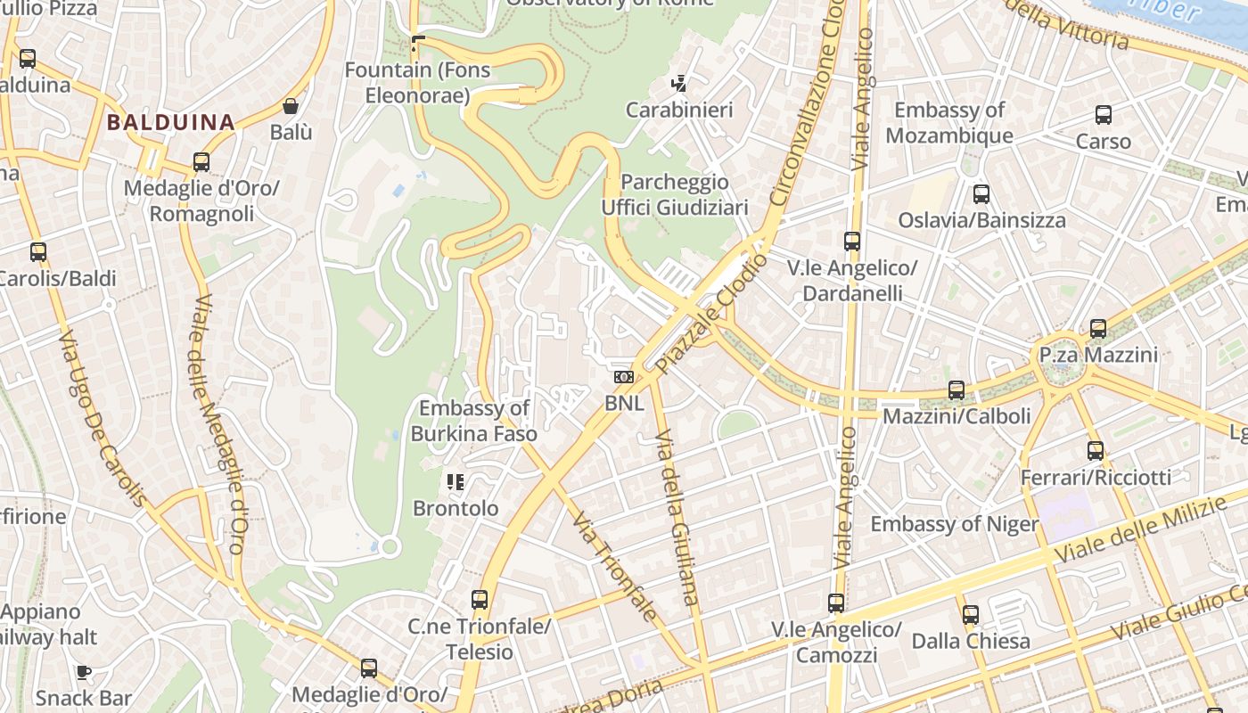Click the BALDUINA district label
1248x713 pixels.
coord(171,122)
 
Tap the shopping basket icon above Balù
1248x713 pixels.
coord(291,106)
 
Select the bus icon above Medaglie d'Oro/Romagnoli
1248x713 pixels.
coord(201,162)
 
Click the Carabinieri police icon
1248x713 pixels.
coord(679,84)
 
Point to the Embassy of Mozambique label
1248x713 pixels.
coord(949,123)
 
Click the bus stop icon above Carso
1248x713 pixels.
coord(1104,115)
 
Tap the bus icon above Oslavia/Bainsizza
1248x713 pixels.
coord(981,193)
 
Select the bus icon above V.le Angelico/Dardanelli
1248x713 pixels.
coord(852,242)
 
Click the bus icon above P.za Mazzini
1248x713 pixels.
coord(1098,329)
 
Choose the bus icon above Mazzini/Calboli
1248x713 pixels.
coord(957,390)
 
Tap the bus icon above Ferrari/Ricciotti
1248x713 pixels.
coord(1096,451)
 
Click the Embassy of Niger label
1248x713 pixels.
coord(955,524)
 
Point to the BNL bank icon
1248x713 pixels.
coord(624,377)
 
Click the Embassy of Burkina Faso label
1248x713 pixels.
coord(474,421)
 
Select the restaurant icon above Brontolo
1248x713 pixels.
coord(456,482)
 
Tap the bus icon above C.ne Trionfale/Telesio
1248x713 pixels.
coord(480,600)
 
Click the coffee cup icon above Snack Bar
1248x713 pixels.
coord(84,672)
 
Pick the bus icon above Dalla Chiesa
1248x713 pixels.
coord(971,615)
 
